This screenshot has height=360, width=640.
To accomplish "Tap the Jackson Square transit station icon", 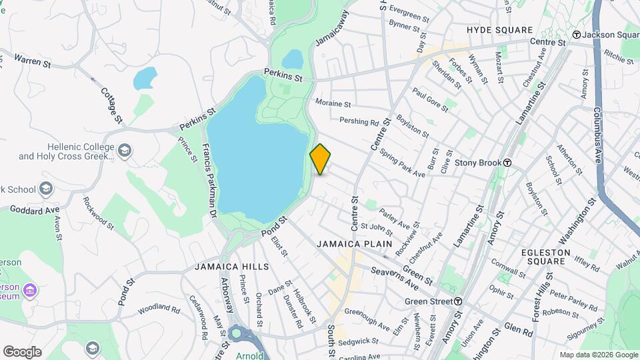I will click(577, 35).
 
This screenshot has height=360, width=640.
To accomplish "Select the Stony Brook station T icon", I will click(507, 163).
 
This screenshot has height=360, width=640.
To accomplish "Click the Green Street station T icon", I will click(458, 301).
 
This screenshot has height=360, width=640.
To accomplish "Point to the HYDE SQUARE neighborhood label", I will click(500, 30).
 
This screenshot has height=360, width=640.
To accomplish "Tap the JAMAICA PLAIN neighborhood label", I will click(354, 244).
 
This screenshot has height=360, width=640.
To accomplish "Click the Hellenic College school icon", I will click(125, 151).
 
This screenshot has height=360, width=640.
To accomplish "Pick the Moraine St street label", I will click(333, 104).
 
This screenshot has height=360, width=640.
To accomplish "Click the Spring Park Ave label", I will click(402, 163).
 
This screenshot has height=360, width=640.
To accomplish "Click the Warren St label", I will click(32, 61).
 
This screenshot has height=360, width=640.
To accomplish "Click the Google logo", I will click(22, 352).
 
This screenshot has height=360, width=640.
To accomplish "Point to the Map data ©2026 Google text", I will click(598, 355).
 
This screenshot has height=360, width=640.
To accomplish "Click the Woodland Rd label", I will click(159, 309).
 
